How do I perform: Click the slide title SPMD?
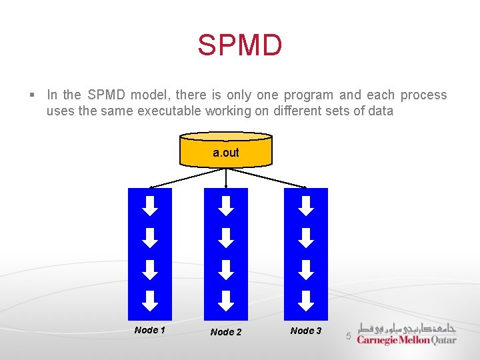[x=240, y=46]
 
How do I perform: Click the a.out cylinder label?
[x=226, y=153]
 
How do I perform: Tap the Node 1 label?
[x=150, y=330]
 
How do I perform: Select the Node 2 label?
[x=226, y=332]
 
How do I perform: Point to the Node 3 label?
[x=306, y=331]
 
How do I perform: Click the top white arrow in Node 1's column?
[x=151, y=206]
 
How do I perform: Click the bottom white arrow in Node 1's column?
[x=151, y=301]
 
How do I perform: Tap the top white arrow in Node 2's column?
[x=227, y=206]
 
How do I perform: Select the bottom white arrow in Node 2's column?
[x=227, y=301]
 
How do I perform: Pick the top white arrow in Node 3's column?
[x=306, y=206]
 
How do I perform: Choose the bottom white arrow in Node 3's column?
[x=306, y=301]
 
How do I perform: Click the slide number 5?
[x=348, y=336]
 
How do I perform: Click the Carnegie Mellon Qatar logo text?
[x=407, y=340]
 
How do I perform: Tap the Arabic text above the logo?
[x=407, y=328]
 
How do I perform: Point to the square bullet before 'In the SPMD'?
[x=31, y=95]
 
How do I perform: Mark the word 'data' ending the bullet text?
[x=381, y=111]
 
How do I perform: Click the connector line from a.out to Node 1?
[x=187, y=177]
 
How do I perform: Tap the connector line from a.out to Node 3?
[x=267, y=177]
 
